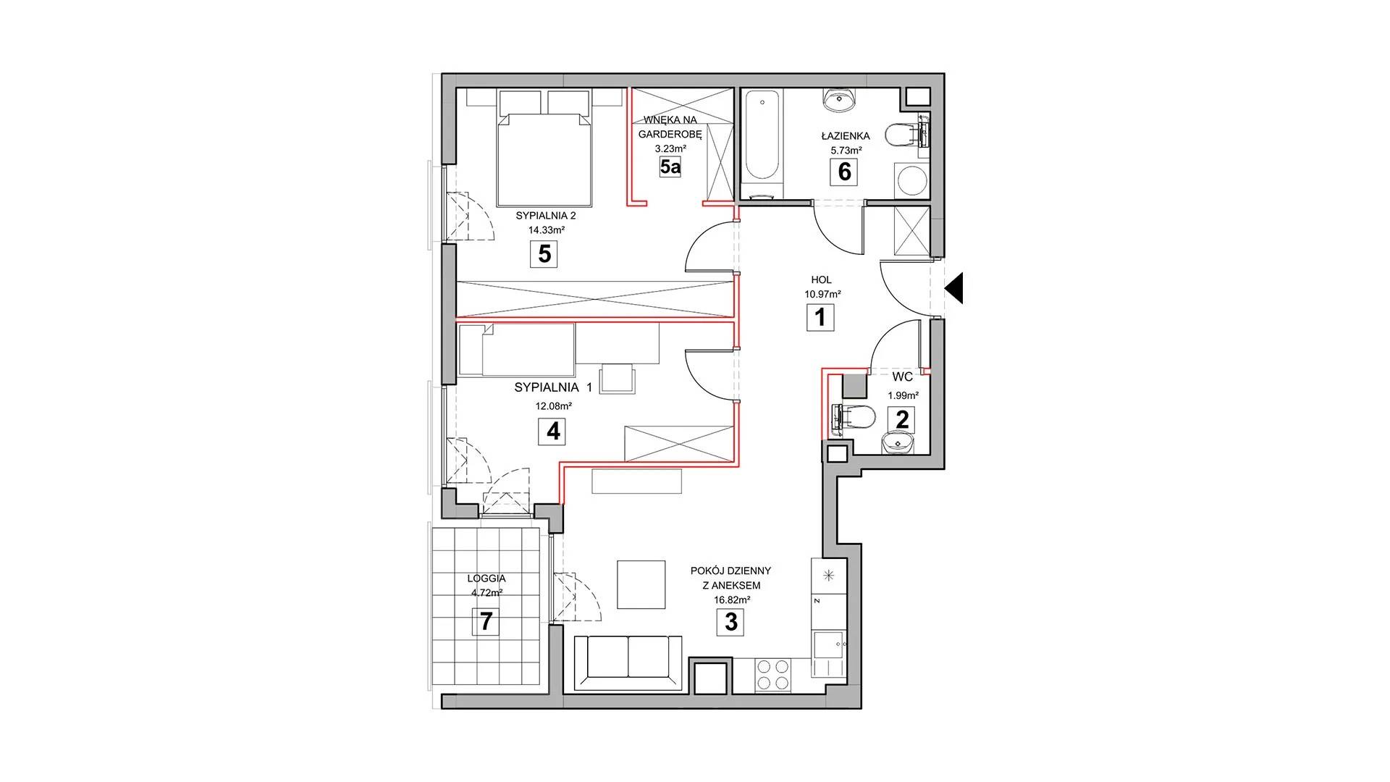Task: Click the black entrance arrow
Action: pos(953,288)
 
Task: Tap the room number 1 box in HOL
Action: pos(820,317)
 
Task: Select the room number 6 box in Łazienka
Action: pos(843,172)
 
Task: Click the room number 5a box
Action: pos(670,167)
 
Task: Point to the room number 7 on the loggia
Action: pos(486,622)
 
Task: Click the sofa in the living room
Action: pos(628,663)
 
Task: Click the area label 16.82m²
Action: pos(730,600)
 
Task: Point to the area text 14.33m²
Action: pos(546,230)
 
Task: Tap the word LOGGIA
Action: pos(486,579)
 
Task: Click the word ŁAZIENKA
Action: pos(846,135)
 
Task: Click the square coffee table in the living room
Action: pos(641,584)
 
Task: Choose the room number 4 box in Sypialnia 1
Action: pos(552,432)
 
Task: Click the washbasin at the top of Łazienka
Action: pos(841,101)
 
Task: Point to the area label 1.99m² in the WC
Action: pos(903,395)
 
